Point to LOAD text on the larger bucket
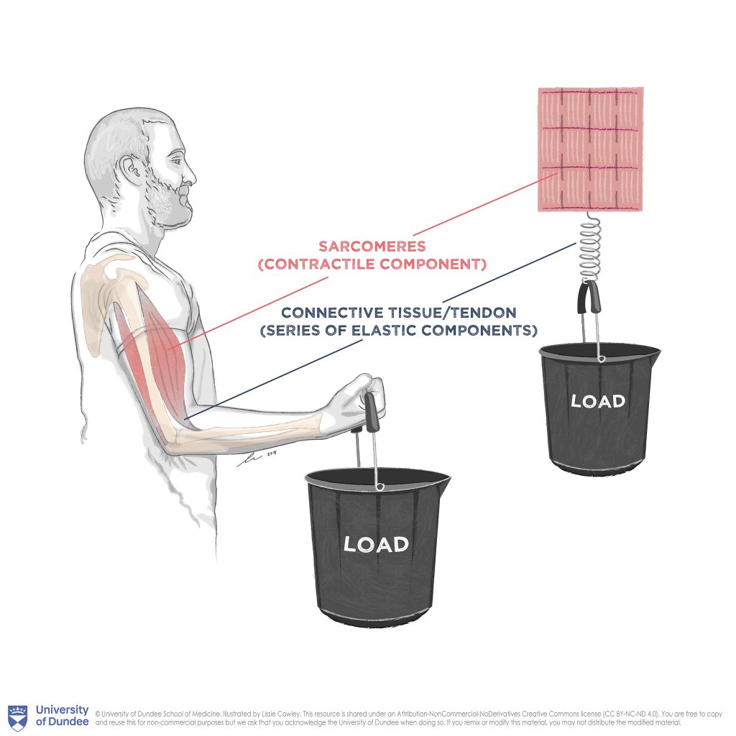[x=376, y=544]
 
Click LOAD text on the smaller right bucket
[x=598, y=401]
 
